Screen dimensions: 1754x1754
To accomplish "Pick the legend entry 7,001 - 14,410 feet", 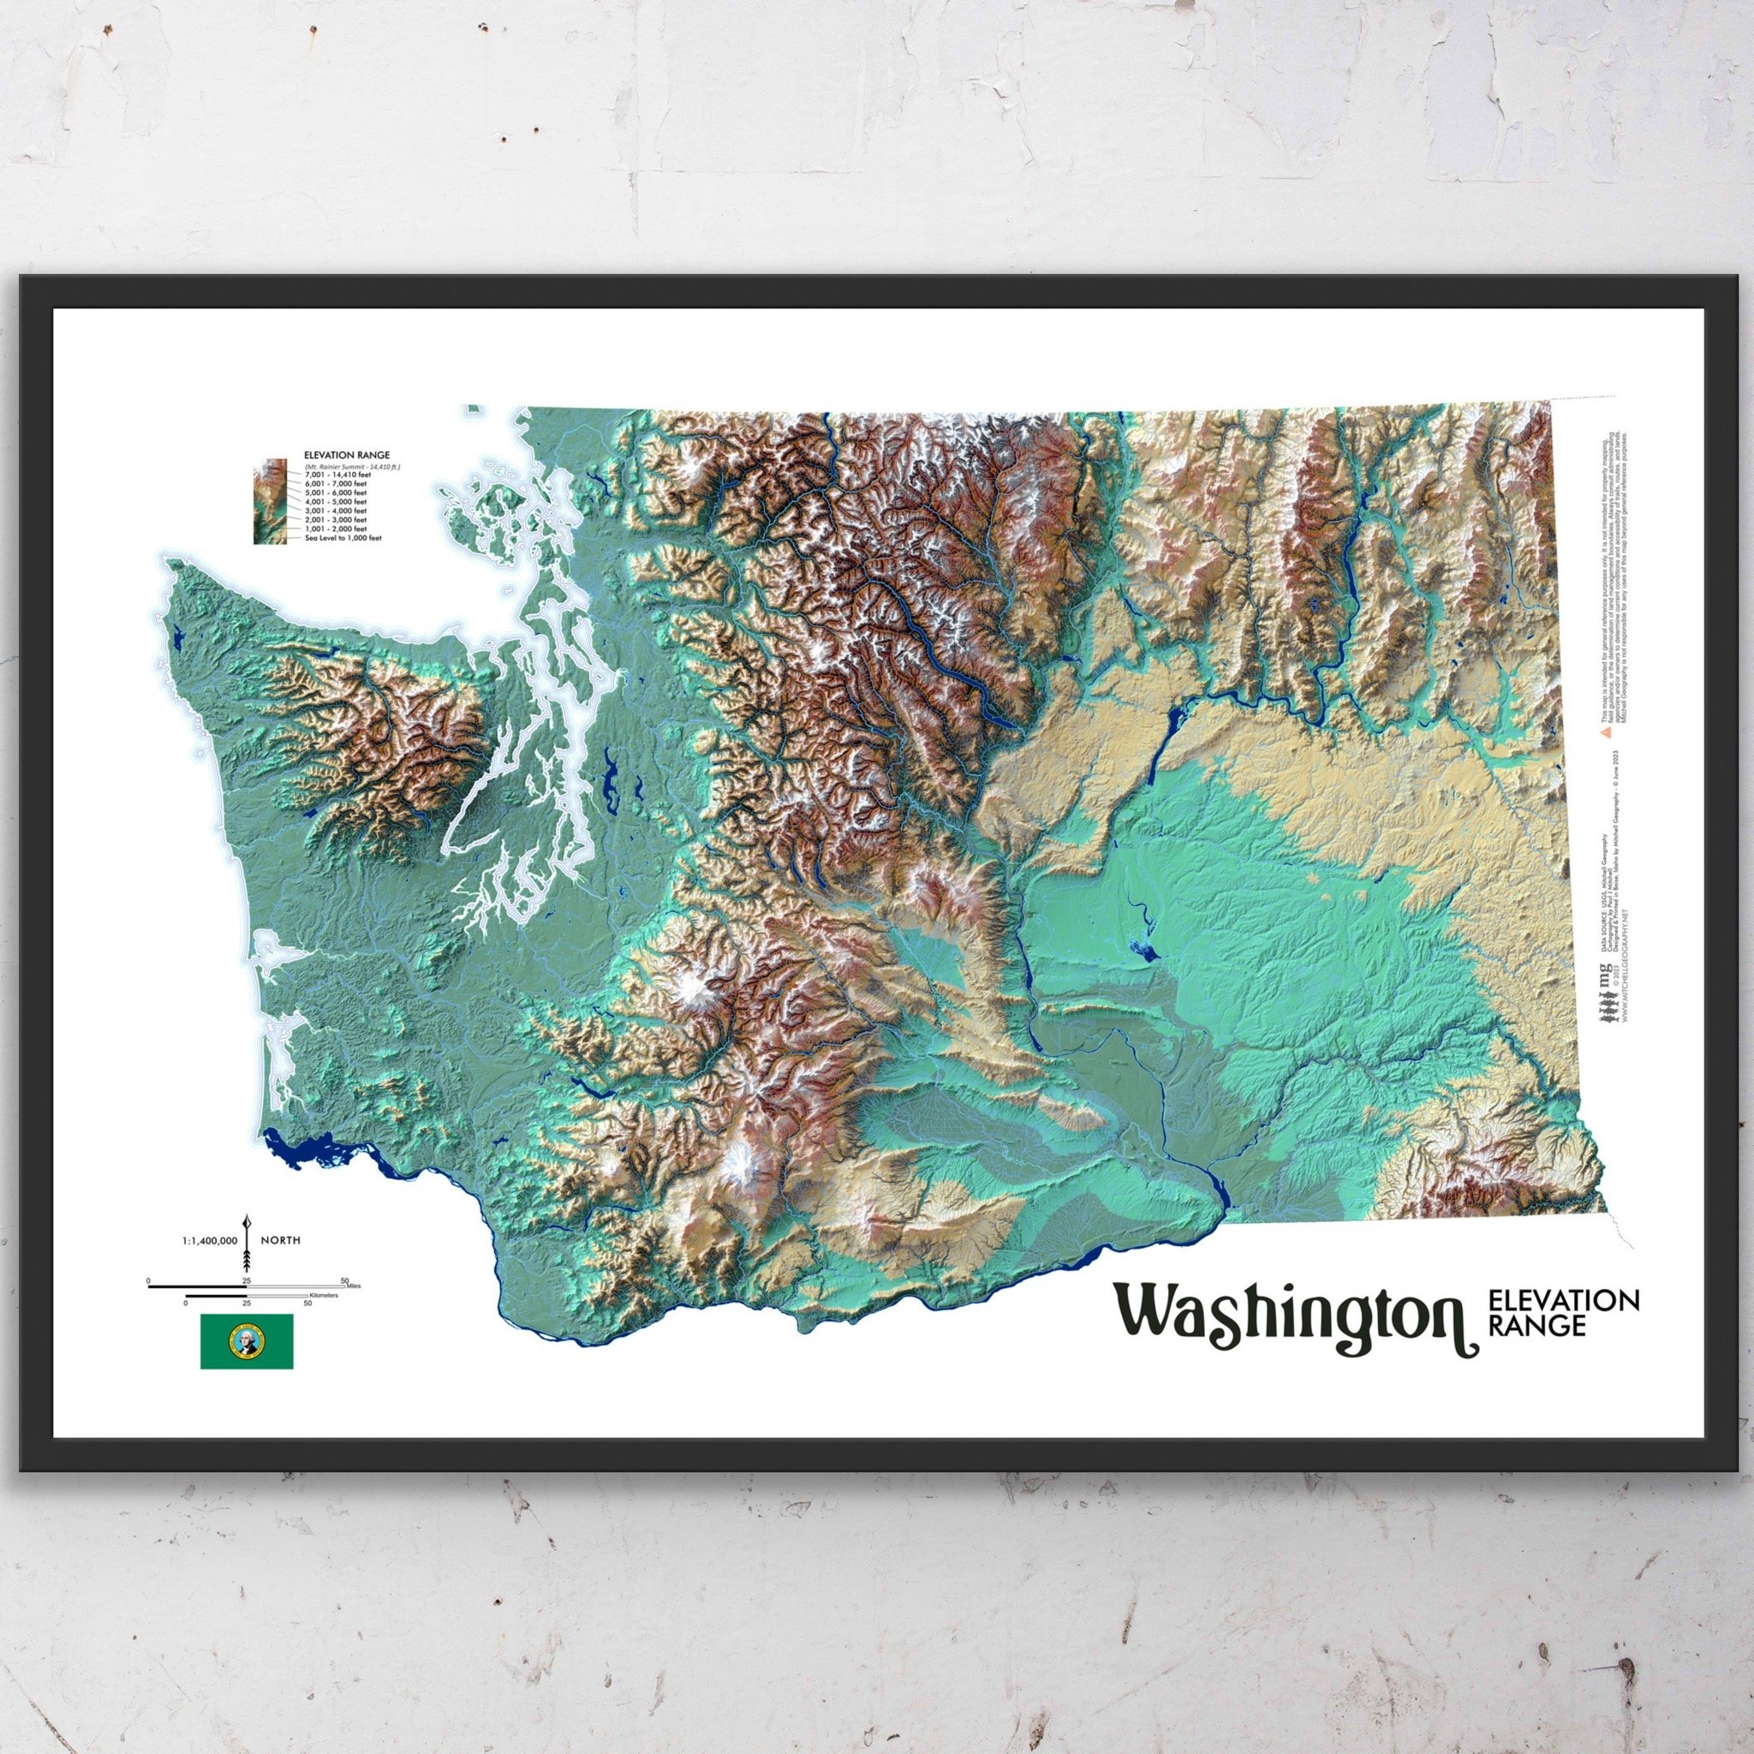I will pyautogui.click(x=337, y=474).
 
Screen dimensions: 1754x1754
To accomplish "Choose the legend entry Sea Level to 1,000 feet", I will pyautogui.click(x=343, y=538).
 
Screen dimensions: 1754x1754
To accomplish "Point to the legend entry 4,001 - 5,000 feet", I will pyautogui.click(x=336, y=501).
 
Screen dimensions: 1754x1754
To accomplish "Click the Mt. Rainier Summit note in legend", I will pyautogui.click(x=352, y=466).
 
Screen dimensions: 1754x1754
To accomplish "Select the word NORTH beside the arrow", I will pyautogui.click(x=281, y=1239).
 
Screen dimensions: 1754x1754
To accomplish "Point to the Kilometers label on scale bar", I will pyautogui.click(x=323, y=1295).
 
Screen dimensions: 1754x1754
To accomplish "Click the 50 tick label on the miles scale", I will pyautogui.click(x=344, y=1280).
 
